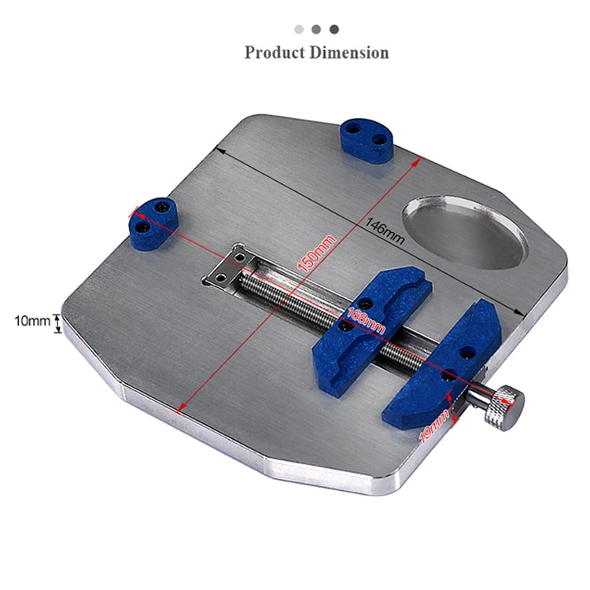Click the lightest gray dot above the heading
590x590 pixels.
(299, 29)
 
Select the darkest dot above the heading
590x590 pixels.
(334, 29)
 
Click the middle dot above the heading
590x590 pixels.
(316, 29)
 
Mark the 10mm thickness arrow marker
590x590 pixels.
(57, 321)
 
